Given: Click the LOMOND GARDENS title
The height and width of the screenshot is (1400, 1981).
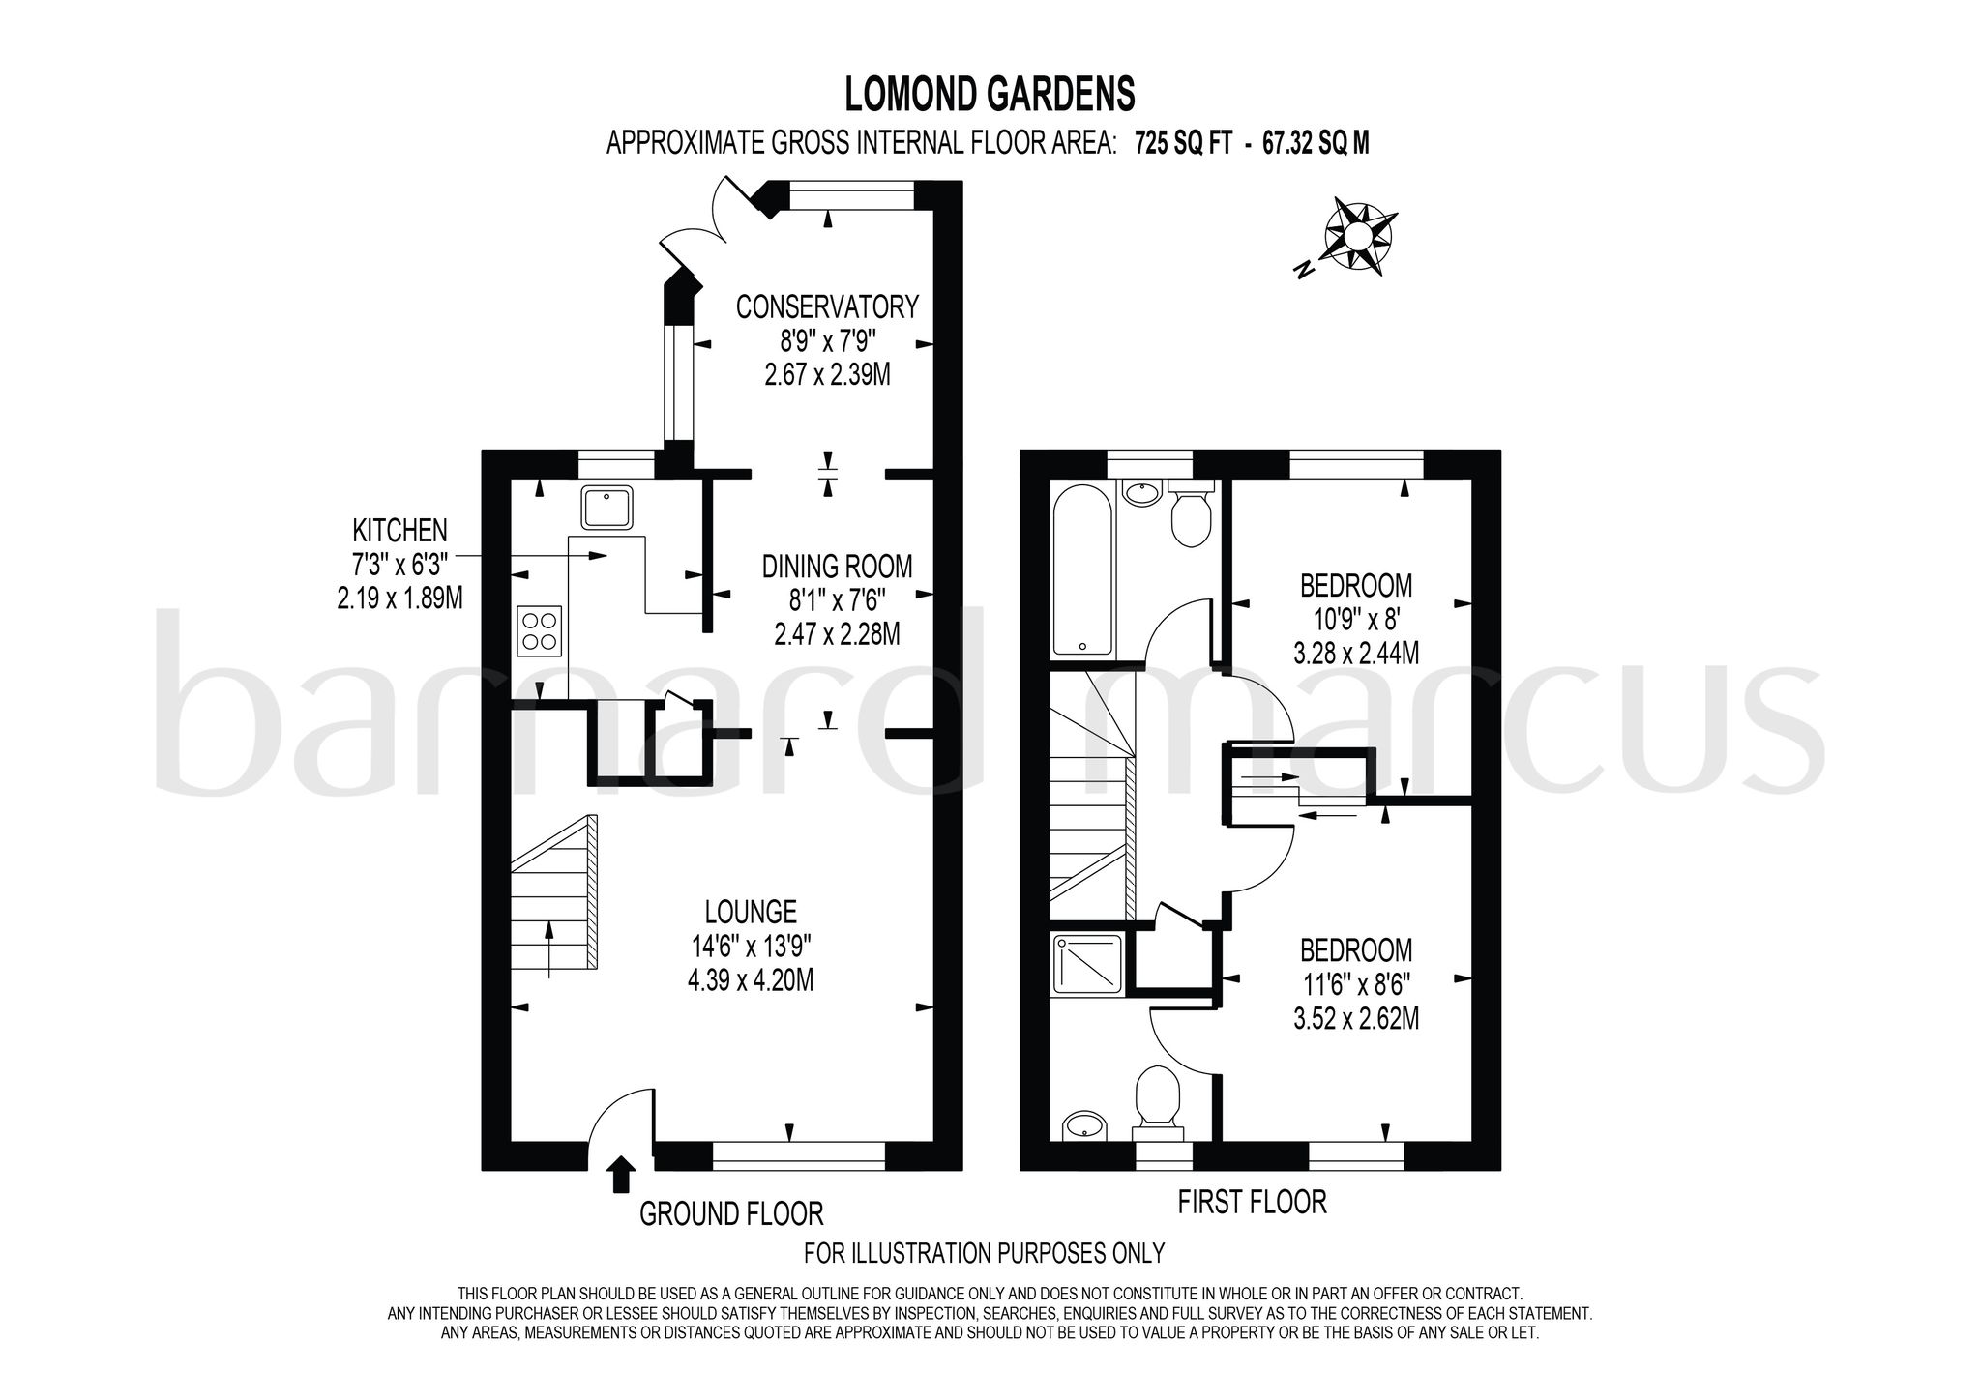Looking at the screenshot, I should click(x=990, y=95).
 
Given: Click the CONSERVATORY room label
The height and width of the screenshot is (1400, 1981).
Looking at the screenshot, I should click(x=827, y=307).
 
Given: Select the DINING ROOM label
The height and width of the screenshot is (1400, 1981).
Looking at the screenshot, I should click(x=837, y=566).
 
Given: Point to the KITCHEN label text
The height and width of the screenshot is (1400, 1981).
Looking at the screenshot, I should click(x=399, y=530).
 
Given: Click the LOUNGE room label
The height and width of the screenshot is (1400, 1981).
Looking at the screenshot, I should click(x=751, y=911).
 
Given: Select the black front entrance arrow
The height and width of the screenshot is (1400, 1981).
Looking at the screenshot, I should click(x=620, y=1174).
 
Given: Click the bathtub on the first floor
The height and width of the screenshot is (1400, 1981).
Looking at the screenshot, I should click(x=1082, y=570).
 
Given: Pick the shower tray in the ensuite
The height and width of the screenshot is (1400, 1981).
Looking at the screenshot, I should click(x=1088, y=964).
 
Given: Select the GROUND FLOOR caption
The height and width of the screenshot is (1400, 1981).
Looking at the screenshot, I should click(x=731, y=1213).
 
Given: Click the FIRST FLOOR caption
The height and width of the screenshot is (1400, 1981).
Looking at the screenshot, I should click(x=1252, y=1202).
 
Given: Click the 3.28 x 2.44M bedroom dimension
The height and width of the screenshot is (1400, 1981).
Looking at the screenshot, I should click(x=1356, y=653).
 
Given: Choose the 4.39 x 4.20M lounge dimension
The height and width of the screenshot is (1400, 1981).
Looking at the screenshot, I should click(x=751, y=980).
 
